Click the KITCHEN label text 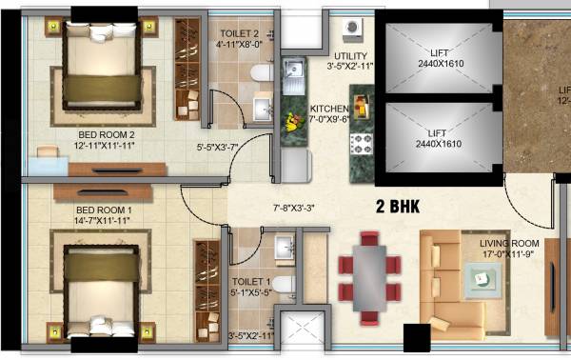click(329, 114)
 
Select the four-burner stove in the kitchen click(362, 144)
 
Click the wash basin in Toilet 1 click(283, 249)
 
